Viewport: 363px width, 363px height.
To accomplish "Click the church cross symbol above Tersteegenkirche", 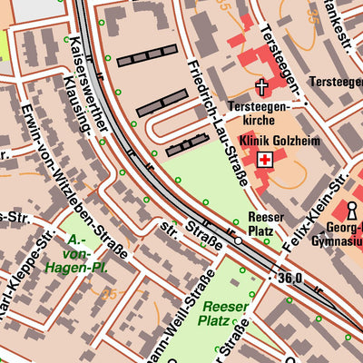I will click(x=262, y=88).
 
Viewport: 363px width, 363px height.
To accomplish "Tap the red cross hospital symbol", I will click(x=264, y=161).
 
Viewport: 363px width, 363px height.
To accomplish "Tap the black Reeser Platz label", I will click(x=265, y=224).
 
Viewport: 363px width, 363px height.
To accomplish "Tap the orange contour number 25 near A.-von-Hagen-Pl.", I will click(x=110, y=295).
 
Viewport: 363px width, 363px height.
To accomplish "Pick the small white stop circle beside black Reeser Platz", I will click(x=238, y=241).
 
